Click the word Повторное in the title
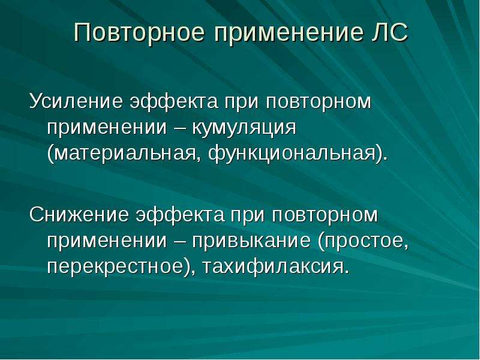(139, 33)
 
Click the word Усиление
(76, 101)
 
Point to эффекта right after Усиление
(174, 101)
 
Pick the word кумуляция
(244, 128)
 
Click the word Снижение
(79, 215)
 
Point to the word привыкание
(251, 241)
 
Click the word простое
(364, 241)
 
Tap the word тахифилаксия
(275, 266)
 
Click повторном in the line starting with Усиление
(319, 101)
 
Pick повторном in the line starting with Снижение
(325, 215)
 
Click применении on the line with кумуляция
(107, 128)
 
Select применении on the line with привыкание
(107, 241)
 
